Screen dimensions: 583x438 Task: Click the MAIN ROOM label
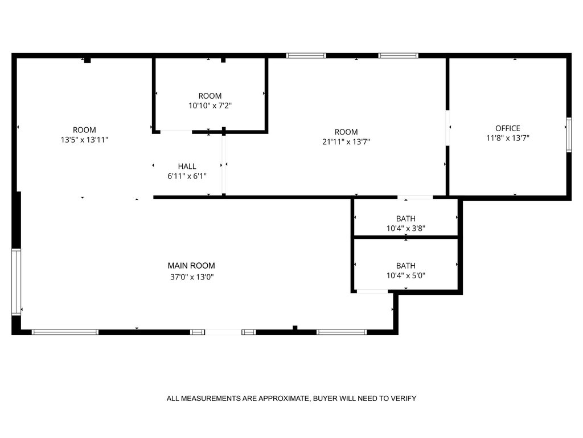(x=191, y=266)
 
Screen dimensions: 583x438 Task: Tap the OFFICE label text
(x=507, y=128)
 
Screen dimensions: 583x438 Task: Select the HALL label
(x=187, y=167)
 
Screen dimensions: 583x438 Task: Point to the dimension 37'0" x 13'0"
(x=192, y=277)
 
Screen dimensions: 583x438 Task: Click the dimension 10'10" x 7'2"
(x=210, y=106)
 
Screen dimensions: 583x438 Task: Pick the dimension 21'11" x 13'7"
(x=346, y=141)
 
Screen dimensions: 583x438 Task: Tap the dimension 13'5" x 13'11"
(x=84, y=140)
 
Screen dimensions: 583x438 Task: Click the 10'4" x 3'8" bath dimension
(x=405, y=228)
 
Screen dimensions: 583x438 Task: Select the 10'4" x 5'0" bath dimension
(x=405, y=275)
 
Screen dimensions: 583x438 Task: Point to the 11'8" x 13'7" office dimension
(x=507, y=138)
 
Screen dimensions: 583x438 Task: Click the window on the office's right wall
(x=569, y=135)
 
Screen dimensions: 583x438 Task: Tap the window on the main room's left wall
(x=16, y=282)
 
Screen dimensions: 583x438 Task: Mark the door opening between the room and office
(x=447, y=128)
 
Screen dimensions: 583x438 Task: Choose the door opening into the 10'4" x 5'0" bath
(x=372, y=291)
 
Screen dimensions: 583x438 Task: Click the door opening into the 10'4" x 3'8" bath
(x=415, y=197)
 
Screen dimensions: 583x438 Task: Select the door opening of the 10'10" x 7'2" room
(x=176, y=132)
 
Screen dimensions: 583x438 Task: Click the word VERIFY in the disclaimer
(x=404, y=399)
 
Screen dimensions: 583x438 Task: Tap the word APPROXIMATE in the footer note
(x=284, y=399)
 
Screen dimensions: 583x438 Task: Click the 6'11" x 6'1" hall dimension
(x=187, y=176)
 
